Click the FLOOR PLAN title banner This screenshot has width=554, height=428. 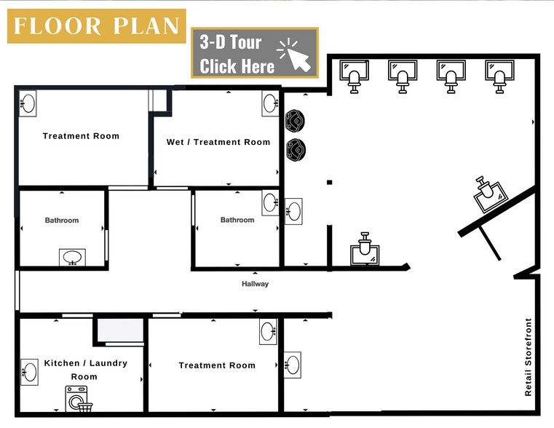tap(96, 26)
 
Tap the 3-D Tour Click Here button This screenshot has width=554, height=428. tap(254, 53)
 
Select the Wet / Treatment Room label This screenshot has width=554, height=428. tap(218, 142)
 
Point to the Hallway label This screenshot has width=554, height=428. tap(255, 284)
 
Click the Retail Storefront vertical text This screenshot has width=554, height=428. tap(529, 357)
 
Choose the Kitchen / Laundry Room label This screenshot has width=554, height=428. tap(85, 370)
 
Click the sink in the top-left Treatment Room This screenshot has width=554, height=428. tap(28, 103)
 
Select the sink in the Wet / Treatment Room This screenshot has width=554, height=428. tap(271, 103)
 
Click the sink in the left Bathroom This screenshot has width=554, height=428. tap(72, 258)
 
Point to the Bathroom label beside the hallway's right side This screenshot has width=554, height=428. tap(237, 220)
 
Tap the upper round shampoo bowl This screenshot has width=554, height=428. tap(296, 120)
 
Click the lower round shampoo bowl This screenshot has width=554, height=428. tap(296, 149)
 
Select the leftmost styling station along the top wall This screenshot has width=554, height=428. tap(355, 76)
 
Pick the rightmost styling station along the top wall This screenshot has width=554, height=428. tap(499, 76)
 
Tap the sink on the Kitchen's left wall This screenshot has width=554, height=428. tap(29, 370)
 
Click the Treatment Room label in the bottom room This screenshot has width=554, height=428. tap(217, 365)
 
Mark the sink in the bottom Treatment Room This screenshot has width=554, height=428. tap(269, 332)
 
